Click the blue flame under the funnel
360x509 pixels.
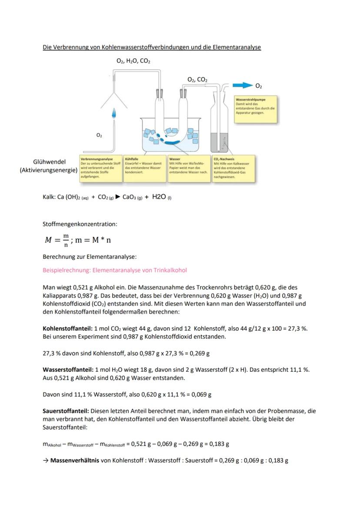point(114,114)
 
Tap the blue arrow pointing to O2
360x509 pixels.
point(242,85)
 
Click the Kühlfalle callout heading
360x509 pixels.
point(131,159)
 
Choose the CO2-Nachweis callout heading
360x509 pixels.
point(224,159)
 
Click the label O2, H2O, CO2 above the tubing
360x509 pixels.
point(133,61)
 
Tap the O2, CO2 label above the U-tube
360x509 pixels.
point(197,80)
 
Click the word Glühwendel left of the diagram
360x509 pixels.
point(48,162)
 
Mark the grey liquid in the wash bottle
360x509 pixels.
point(214,142)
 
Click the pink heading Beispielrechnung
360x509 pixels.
point(114,270)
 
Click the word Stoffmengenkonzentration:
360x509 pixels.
point(80,224)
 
